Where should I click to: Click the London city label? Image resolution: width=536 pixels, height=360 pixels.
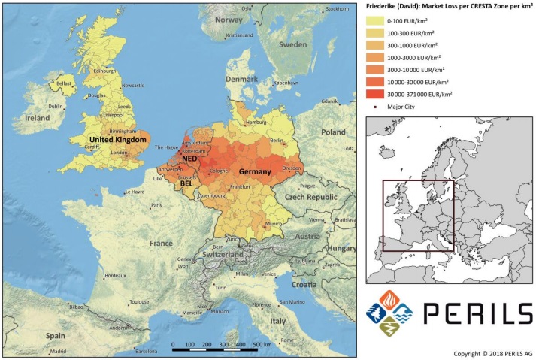coord(117,153)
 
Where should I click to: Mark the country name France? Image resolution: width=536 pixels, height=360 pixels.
coord(160,244)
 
